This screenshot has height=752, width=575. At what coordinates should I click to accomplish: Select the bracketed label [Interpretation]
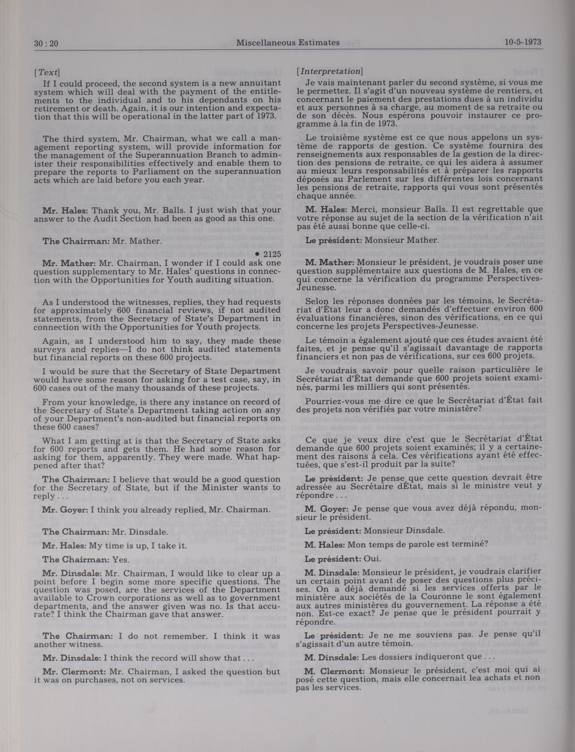coord(330,72)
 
